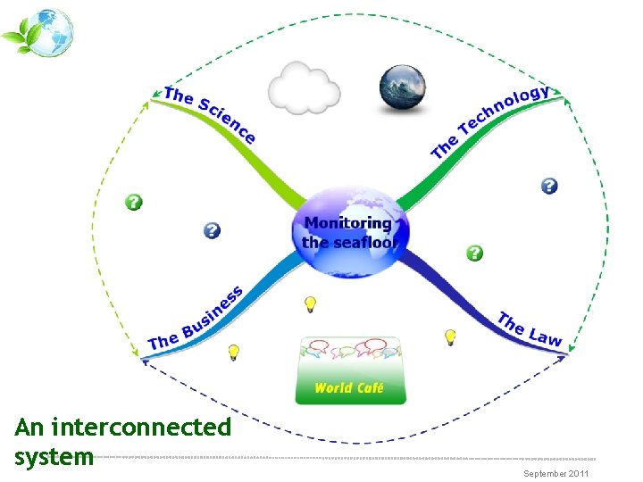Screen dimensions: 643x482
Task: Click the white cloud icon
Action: pos(304,87)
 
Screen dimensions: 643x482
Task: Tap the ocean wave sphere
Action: pos(403,88)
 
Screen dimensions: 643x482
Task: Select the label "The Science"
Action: pos(211,114)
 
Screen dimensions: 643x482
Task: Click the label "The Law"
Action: pos(530,328)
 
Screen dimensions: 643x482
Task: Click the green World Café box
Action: pos(350,387)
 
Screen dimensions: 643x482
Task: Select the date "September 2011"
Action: pos(556,473)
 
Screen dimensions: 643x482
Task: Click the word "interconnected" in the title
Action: pos(142,428)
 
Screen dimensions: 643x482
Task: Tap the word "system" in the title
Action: pos(54,457)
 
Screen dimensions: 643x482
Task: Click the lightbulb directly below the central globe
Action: pos(310,304)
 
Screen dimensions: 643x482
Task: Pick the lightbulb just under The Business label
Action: pos(233,352)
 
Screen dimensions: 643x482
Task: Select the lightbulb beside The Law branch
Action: pos(451,337)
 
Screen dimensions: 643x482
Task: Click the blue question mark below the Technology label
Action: pos(549,186)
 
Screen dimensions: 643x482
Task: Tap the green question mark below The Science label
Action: pos(133,202)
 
